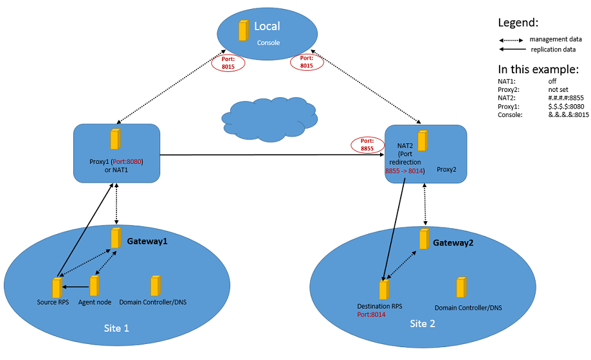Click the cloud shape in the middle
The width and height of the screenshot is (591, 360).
click(269, 120)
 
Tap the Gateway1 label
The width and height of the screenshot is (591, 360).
click(147, 241)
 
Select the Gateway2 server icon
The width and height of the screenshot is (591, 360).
click(424, 239)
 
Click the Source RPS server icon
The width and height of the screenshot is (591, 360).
click(57, 288)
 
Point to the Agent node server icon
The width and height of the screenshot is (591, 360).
click(95, 285)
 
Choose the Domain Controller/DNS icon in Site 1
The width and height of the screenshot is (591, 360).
click(155, 285)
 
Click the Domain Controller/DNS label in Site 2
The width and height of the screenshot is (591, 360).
click(468, 307)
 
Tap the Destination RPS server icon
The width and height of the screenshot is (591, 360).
click(384, 289)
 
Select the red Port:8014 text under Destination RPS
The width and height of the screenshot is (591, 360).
click(371, 314)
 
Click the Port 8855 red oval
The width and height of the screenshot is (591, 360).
click(367, 145)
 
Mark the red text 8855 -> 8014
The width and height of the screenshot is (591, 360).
click(404, 171)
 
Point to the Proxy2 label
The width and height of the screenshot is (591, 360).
click(446, 169)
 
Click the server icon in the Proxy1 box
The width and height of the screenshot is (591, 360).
click(115, 139)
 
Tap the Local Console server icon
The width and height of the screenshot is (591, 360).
click(244, 30)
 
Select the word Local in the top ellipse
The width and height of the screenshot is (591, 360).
click(267, 26)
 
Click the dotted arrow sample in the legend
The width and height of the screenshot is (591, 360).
click(511, 40)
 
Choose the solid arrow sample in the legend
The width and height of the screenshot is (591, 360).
click(513, 49)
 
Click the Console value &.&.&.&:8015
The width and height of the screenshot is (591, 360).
click(568, 114)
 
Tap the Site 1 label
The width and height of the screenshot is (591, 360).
click(116, 328)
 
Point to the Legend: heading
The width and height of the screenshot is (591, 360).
click(518, 22)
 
